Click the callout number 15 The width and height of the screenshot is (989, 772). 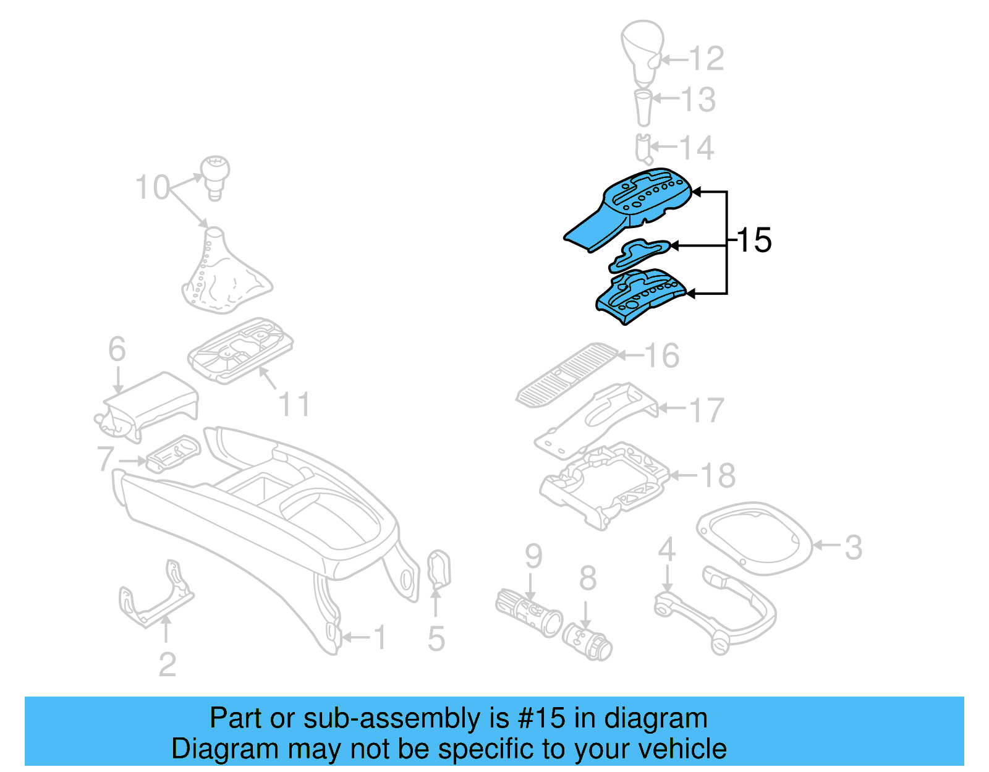pyautogui.click(x=755, y=240)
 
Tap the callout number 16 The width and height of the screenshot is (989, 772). pyautogui.click(x=662, y=356)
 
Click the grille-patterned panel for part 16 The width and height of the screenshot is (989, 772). pyautogui.click(x=566, y=375)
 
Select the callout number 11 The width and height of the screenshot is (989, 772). pyautogui.click(x=294, y=405)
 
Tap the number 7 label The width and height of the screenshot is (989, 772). pyautogui.click(x=106, y=459)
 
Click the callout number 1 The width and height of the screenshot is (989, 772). pyautogui.click(x=380, y=638)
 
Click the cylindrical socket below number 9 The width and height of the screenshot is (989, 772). pyautogui.click(x=528, y=613)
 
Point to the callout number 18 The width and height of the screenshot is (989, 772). pyautogui.click(x=718, y=476)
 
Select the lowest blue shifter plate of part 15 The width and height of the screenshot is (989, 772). pyautogui.click(x=640, y=296)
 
